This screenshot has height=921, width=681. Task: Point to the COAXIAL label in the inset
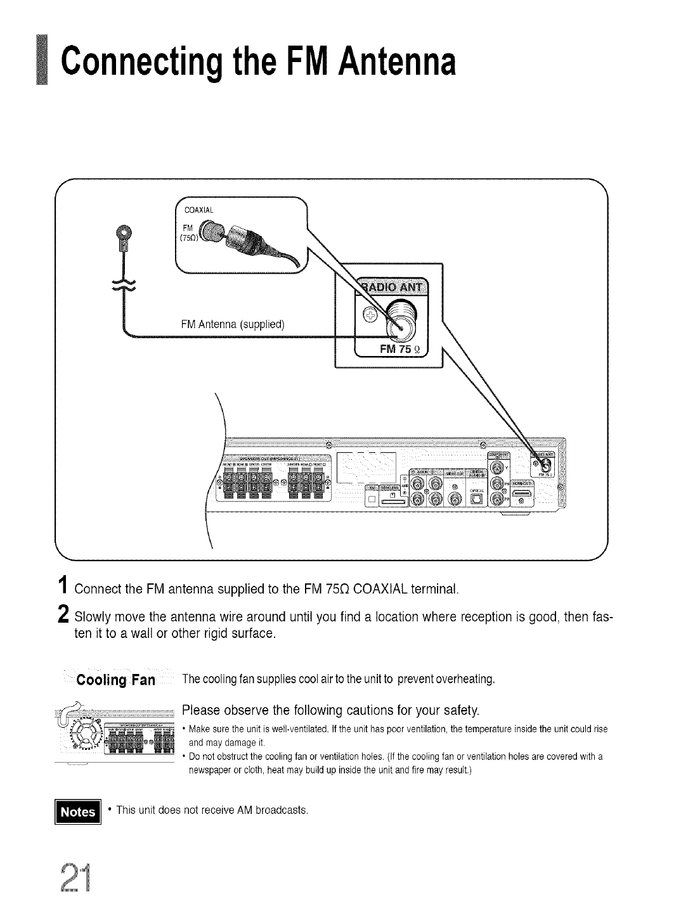200,209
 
